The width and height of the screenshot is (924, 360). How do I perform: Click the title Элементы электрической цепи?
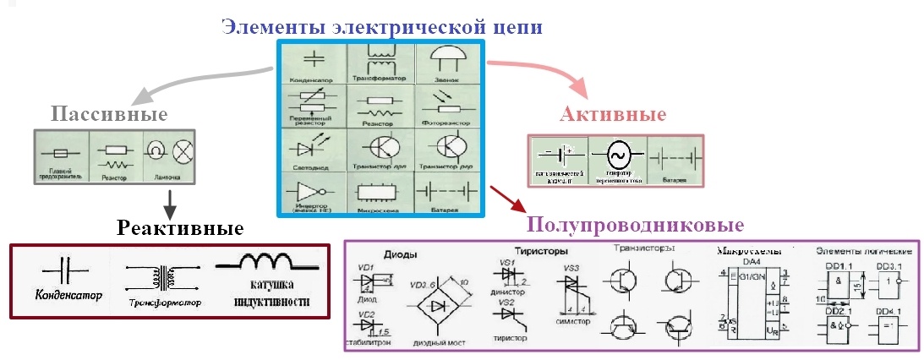tap(382, 26)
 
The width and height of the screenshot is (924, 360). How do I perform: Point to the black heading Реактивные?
tap(181, 228)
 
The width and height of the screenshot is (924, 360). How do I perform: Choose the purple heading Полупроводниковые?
tap(635, 226)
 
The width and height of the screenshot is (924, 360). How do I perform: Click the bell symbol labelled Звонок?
tap(446, 59)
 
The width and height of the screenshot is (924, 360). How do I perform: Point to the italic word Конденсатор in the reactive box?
tap(68, 297)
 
